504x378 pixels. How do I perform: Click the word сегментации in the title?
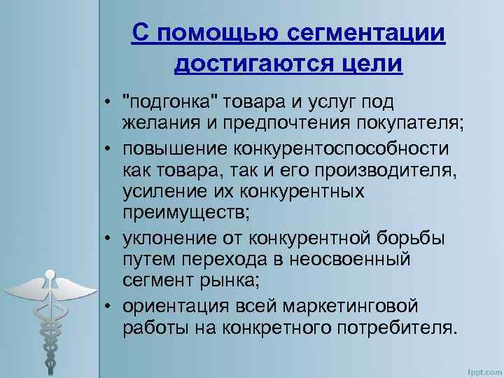(x=365, y=34)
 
